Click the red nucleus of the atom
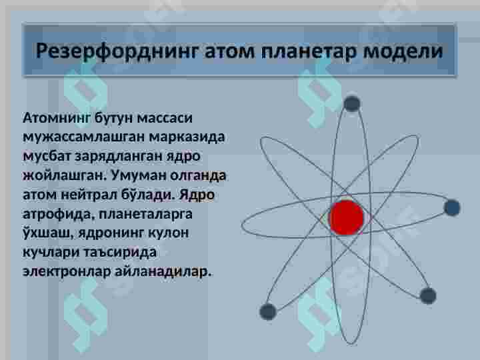346,217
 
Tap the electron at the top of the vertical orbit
352,104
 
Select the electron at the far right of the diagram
452,207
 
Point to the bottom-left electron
268,311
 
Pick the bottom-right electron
428,296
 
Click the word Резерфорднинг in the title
117,51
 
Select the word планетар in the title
309,51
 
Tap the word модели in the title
403,51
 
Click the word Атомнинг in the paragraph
57,118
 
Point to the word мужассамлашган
83,137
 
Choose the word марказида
187,137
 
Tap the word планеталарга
145,214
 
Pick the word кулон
168,233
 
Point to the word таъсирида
120,252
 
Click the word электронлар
67,271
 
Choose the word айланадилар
163,271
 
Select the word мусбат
47,157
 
